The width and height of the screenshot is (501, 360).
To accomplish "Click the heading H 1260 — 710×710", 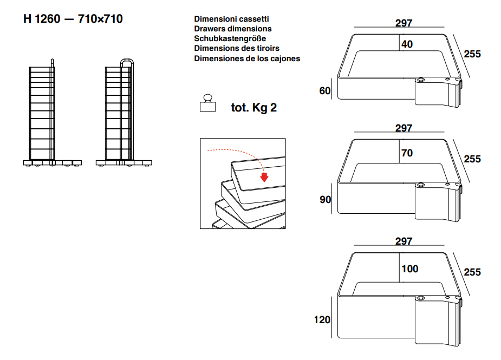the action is coord(73,19).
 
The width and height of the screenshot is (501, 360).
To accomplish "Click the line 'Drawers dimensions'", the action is coord(232,29).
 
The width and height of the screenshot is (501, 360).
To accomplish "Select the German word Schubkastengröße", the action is coord(230,38).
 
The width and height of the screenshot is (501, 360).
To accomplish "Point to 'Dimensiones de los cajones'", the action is coord(247,58).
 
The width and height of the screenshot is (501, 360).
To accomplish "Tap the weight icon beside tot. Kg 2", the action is coord(207,103).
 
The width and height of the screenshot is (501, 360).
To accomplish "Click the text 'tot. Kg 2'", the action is coord(253,108).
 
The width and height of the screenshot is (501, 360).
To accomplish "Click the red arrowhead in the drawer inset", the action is coord(264,176).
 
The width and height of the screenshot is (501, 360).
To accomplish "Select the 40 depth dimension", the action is coord(407,44).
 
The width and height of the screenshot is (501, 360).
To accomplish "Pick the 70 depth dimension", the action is coord(407,153).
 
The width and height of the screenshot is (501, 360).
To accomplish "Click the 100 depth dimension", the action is coord(409,269).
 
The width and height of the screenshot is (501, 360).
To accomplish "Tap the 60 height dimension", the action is coord(325,91).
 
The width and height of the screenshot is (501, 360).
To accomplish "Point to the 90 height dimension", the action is coord(326,200).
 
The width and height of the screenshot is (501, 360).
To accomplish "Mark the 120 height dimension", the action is coord(322,320).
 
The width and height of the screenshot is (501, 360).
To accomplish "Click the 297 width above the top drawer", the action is coord(404,23).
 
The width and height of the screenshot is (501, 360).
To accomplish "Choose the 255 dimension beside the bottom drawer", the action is coord(472,272).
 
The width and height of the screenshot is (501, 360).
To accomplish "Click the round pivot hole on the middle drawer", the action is coord(421,185).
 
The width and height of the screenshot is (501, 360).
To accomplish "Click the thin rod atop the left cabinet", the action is coord(53,63).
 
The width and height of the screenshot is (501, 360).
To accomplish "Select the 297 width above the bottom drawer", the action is coord(404,241).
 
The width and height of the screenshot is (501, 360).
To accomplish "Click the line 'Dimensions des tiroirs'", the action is coord(237,48).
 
